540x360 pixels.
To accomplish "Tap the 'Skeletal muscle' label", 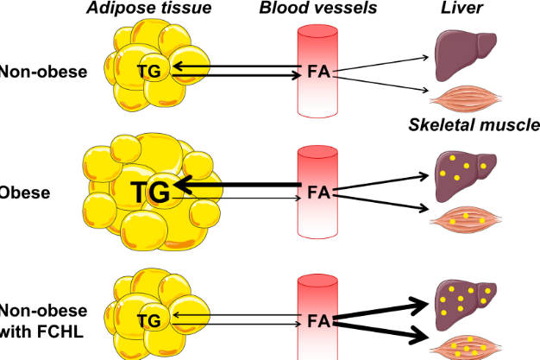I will coord(474,126).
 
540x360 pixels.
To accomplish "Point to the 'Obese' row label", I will coord(25,192).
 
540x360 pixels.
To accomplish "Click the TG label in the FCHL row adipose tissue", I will coord(149,321).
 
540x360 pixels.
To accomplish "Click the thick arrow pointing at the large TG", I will coord(237,185).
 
